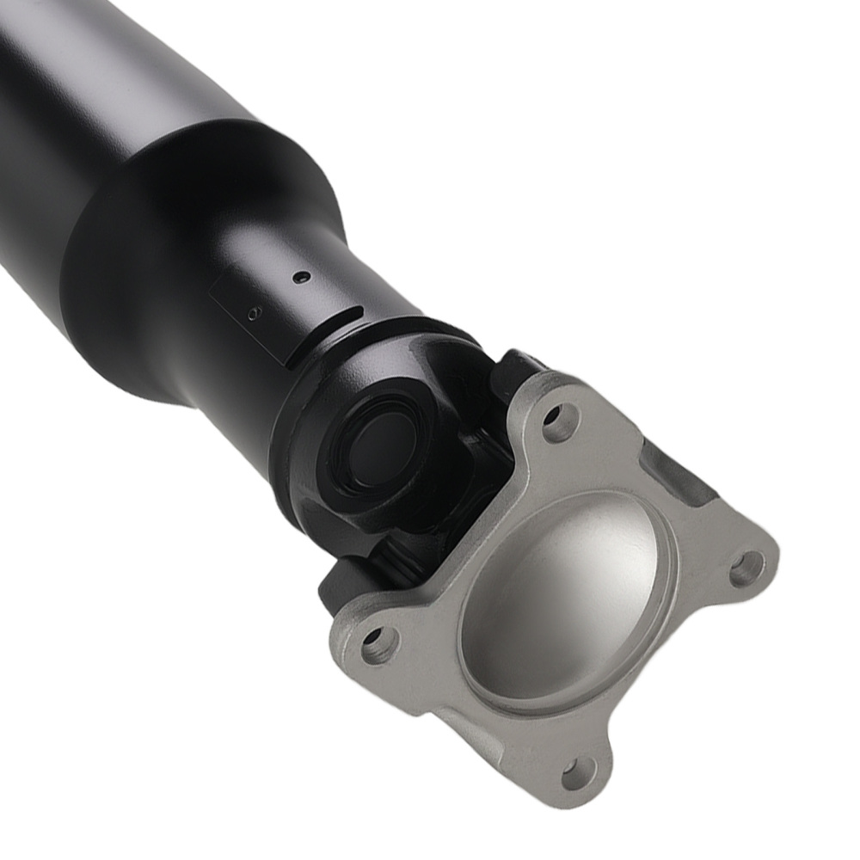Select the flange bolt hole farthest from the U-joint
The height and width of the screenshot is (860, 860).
click(x=579, y=773)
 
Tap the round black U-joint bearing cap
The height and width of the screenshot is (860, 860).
click(x=378, y=447)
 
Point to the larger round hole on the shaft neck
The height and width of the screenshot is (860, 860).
click(x=301, y=277)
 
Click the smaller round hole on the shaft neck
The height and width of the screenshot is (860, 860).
click(x=252, y=314)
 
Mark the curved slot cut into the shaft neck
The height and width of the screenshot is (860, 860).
click(x=335, y=328)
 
